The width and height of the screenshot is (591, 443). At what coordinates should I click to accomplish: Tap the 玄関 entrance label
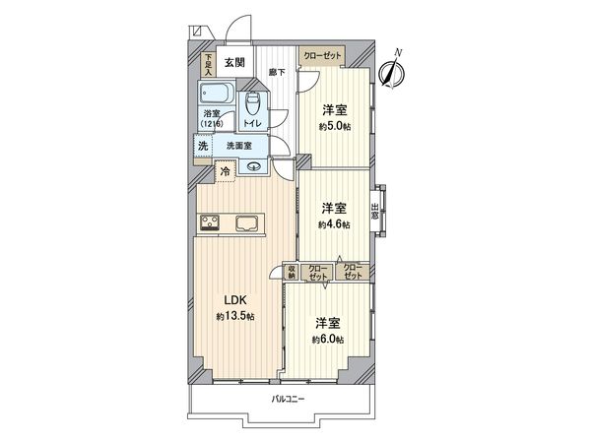coord(233,63)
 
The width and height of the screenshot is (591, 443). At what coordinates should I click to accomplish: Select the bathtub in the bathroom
coord(214,95)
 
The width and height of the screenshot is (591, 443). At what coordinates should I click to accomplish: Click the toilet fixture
coord(252,104)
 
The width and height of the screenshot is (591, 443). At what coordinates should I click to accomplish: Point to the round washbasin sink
coord(253,166)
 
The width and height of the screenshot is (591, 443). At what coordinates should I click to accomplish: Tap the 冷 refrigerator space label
coord(226,171)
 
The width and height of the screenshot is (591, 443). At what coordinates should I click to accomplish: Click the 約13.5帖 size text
coord(236,316)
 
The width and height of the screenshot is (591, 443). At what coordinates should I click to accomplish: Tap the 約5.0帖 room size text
coord(335,127)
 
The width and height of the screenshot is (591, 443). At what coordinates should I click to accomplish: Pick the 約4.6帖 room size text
coord(335,224)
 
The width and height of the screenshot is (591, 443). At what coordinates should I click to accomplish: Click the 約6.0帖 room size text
coord(329,339)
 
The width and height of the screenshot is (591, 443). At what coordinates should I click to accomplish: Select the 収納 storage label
coord(293,272)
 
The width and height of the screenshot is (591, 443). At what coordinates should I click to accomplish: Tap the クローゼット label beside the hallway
coord(322,55)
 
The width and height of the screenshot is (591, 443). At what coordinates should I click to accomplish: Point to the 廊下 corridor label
coord(277,73)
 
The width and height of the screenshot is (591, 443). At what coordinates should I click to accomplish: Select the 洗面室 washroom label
coord(239,146)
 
